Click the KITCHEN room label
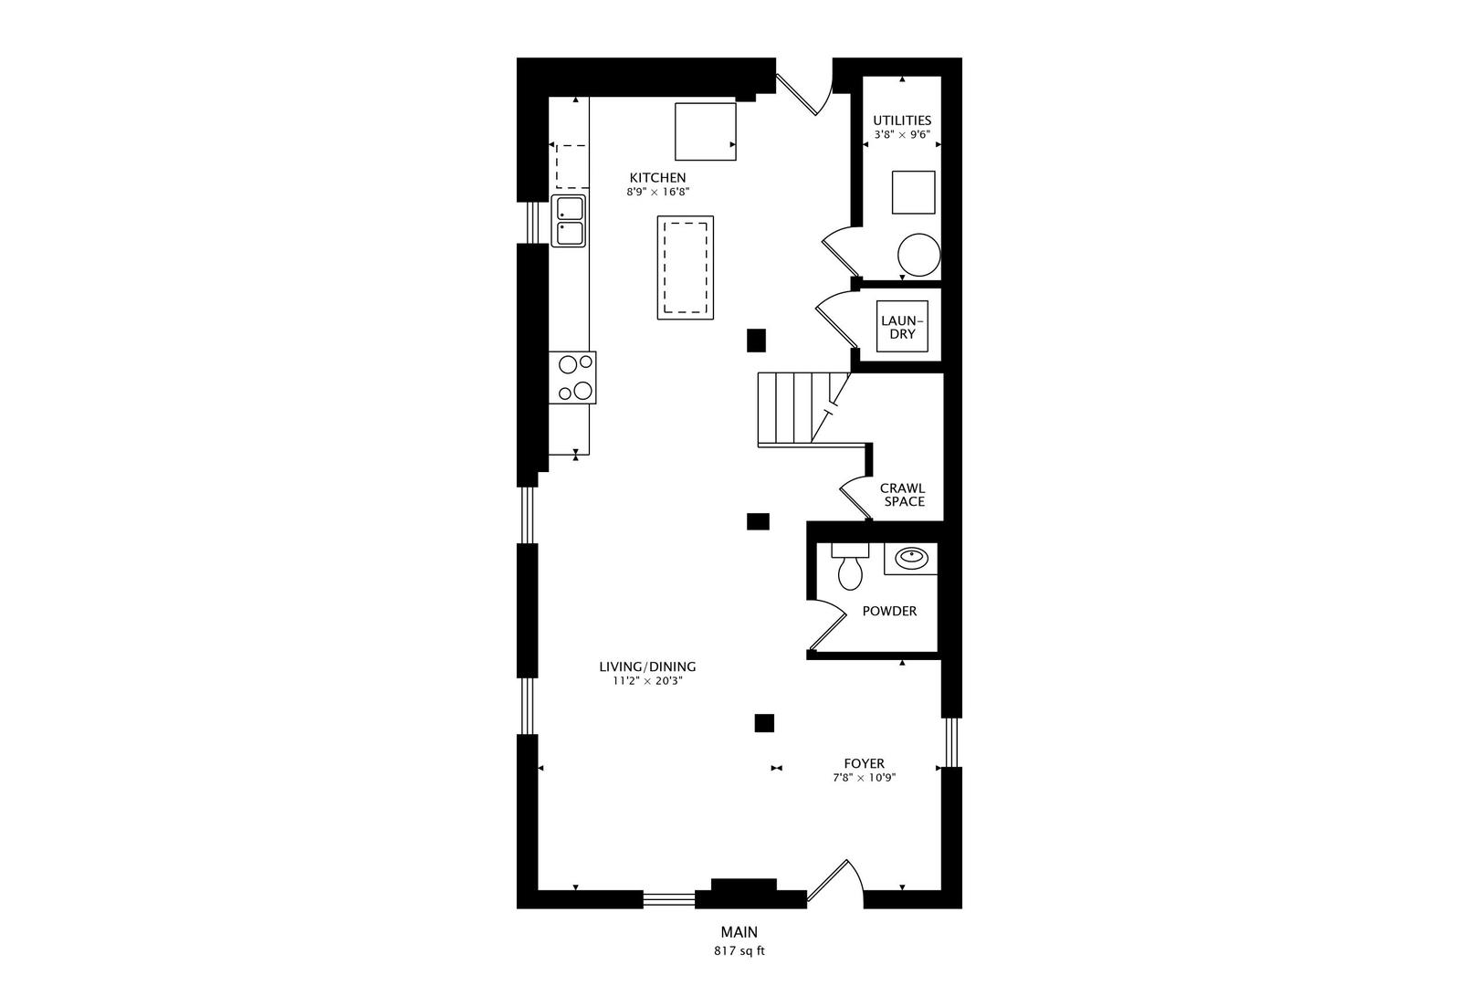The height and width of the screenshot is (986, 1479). [x=657, y=177]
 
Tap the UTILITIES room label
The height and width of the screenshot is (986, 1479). [x=901, y=120]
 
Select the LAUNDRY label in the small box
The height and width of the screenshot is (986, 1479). [x=902, y=327]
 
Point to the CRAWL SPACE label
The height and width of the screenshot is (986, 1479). [x=903, y=495]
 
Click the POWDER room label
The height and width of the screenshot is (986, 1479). [x=889, y=611]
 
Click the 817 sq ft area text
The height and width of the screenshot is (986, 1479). [x=739, y=950]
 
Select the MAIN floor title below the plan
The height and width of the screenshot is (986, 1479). [x=739, y=932]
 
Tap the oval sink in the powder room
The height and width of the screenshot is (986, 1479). [x=910, y=557]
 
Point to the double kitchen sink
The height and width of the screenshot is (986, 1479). [x=569, y=220]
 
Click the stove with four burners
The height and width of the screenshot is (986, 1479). [x=573, y=377]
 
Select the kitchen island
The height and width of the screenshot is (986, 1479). [x=686, y=267]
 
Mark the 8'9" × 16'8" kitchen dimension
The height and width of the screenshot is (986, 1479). [x=657, y=193]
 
